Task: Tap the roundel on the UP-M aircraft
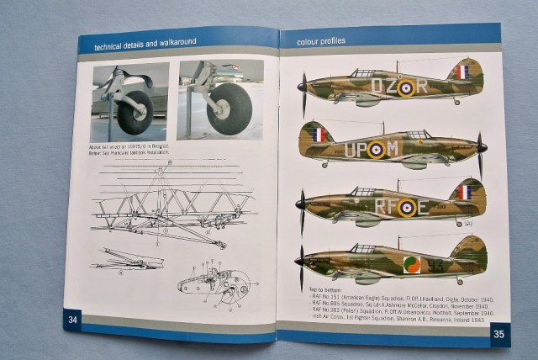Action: tap(377, 150)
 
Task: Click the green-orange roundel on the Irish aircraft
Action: tap(412, 264)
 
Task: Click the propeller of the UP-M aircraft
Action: tap(482, 150)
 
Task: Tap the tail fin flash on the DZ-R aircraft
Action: tap(462, 71)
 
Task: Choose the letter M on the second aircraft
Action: tap(393, 150)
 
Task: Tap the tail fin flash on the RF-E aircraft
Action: tap(464, 193)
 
